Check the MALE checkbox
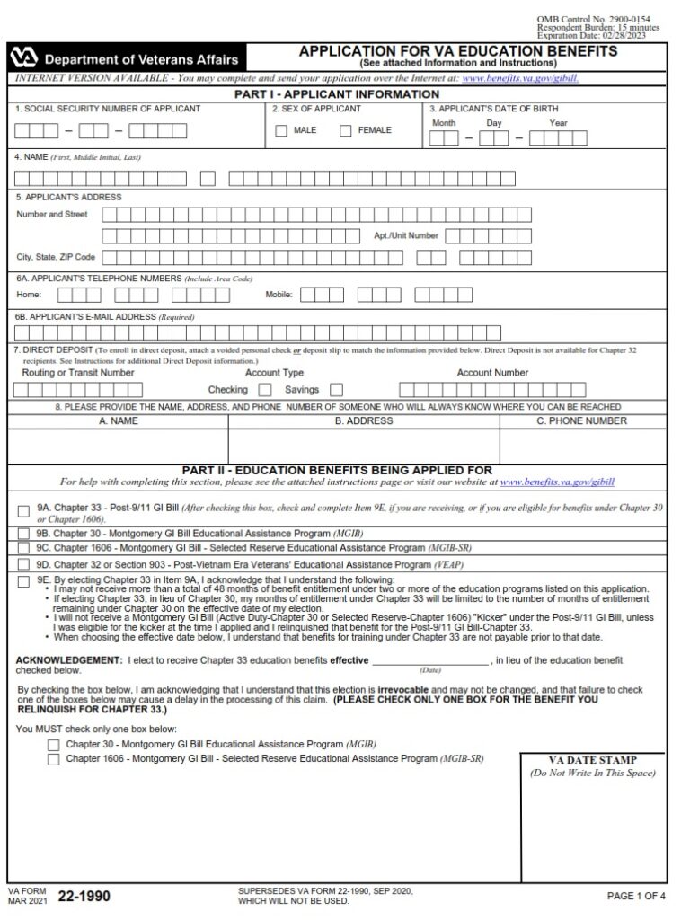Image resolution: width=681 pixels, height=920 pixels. pyautogui.click(x=281, y=131)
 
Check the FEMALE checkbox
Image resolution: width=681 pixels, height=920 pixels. pyautogui.click(x=346, y=131)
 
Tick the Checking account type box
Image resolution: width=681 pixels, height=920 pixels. pyautogui.click(x=265, y=390)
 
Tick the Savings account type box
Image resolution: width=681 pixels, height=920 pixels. pyautogui.click(x=336, y=390)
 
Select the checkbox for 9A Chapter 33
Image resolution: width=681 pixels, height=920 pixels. pyautogui.click(x=23, y=512)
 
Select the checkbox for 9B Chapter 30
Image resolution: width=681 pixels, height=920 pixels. pyautogui.click(x=23, y=533)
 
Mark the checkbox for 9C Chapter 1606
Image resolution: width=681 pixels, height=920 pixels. pyautogui.click(x=23, y=547)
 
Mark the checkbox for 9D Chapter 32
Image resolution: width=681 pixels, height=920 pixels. pyautogui.click(x=23, y=564)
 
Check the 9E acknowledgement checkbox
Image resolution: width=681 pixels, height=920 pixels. pyautogui.click(x=23, y=581)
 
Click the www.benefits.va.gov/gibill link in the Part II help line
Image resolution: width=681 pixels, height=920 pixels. pyautogui.click(x=557, y=482)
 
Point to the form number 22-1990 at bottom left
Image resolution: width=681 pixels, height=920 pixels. pyautogui.click(x=85, y=897)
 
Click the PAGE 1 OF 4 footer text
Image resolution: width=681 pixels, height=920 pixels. pyautogui.click(x=636, y=896)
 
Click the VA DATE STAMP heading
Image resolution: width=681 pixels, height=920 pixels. pyautogui.click(x=592, y=760)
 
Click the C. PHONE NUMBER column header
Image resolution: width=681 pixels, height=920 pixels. pyautogui.click(x=581, y=420)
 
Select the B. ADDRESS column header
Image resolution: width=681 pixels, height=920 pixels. pyautogui.click(x=364, y=420)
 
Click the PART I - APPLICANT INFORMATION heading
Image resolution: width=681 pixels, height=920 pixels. pyautogui.click(x=337, y=93)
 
